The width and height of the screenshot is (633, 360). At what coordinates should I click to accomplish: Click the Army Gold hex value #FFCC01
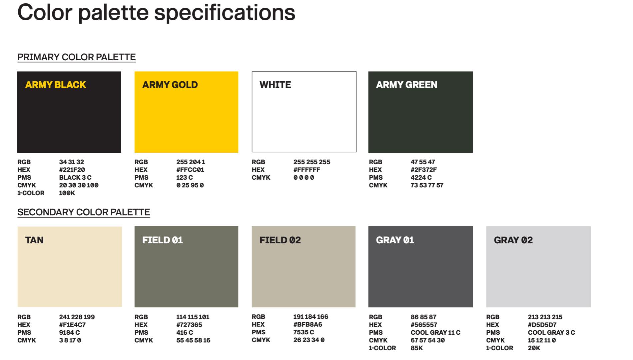190,170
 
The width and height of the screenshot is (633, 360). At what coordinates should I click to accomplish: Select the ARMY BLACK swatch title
56,85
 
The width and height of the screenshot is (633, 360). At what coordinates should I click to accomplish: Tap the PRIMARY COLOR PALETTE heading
76,57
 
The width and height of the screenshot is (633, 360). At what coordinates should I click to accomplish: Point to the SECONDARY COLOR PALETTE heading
84,212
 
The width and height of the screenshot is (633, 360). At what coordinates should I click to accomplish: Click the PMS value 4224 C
421,177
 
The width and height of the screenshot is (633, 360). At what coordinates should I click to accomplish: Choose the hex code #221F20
72,170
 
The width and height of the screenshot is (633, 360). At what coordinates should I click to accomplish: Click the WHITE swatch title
275,85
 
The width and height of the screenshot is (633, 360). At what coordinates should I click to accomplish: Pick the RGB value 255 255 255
312,162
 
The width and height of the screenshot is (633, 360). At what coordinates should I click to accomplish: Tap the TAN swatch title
34,240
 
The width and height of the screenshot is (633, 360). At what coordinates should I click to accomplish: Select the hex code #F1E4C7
72,325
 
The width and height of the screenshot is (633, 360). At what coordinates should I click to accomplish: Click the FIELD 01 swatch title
163,240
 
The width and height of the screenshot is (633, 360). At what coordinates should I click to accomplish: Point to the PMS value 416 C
185,332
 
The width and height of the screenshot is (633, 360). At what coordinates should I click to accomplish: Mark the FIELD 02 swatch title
280,240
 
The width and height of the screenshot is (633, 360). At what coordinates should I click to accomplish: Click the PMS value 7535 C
304,332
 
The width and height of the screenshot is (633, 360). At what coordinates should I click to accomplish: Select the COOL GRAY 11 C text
435,332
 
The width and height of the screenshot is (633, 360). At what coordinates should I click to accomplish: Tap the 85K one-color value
416,348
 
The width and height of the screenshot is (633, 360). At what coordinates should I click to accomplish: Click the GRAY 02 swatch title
513,240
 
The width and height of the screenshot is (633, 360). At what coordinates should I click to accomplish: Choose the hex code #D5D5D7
542,325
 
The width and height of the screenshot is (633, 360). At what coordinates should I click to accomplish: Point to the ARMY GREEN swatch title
406,85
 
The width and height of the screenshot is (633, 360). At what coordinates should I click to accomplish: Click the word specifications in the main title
225,13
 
